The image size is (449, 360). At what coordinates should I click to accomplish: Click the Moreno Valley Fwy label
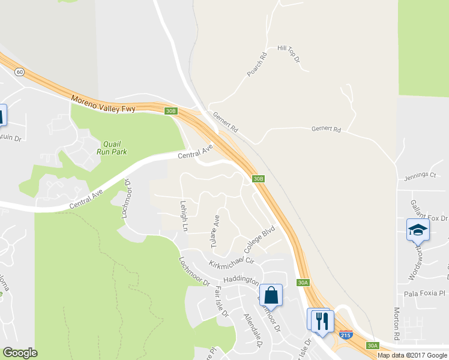103,103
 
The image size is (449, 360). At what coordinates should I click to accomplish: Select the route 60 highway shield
20,72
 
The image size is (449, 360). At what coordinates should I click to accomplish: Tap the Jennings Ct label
420,175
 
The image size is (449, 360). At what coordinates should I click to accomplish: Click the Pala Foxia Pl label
423,293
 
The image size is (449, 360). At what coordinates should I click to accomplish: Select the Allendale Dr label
252,329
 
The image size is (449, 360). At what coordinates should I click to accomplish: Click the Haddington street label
241,280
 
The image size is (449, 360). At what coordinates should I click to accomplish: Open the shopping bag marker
271,295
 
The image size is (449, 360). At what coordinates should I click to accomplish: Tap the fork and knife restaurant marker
322,320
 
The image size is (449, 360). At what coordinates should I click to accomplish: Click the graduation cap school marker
417,230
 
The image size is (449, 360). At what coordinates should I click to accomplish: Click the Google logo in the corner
20,353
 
